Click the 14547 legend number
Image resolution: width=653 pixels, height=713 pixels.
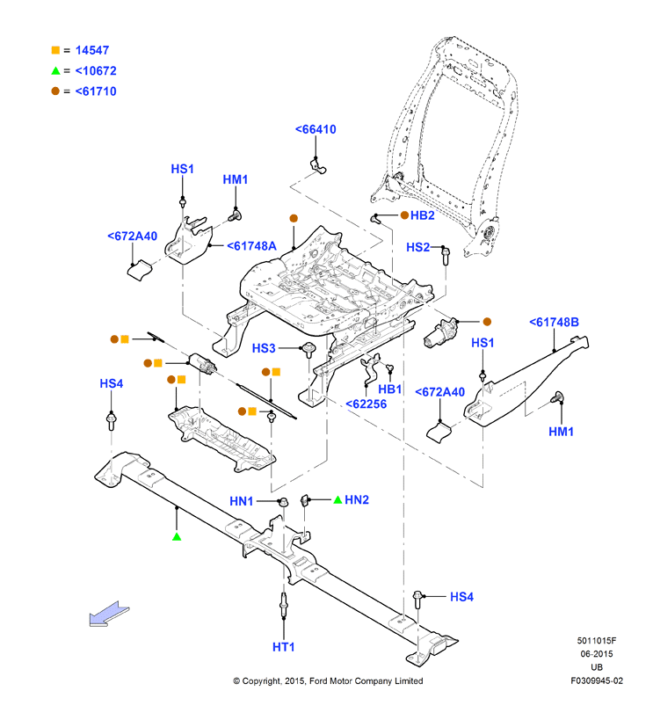click(92, 50)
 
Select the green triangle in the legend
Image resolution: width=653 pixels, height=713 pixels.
click(55, 70)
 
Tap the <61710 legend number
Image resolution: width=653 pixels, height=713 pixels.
click(96, 91)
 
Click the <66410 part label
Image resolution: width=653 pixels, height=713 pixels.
click(316, 129)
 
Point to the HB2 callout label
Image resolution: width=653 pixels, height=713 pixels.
click(423, 215)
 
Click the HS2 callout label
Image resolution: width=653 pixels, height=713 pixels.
click(418, 247)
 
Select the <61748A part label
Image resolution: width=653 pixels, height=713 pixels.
click(251, 246)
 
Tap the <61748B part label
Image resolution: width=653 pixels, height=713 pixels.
click(555, 322)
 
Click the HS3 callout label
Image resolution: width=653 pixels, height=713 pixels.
click(264, 348)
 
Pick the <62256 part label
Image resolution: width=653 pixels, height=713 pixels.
click(366, 404)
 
